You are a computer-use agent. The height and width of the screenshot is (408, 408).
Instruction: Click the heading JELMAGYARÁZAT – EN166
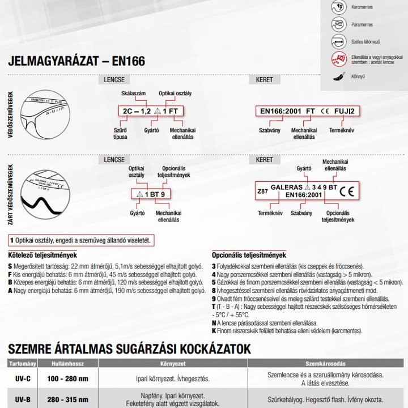pos(76,61)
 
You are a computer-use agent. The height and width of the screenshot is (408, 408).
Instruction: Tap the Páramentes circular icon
pos(338,24)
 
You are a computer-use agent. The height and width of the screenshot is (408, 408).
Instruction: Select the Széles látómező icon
pos(338,41)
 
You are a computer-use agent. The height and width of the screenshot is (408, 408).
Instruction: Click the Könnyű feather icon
pos(338,75)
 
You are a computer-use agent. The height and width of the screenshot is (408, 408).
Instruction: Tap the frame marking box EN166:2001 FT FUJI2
pos(307,111)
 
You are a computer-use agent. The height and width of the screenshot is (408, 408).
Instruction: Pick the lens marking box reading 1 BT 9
pos(150,194)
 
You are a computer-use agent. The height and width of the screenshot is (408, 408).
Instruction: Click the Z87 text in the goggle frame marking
pos(263,192)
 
